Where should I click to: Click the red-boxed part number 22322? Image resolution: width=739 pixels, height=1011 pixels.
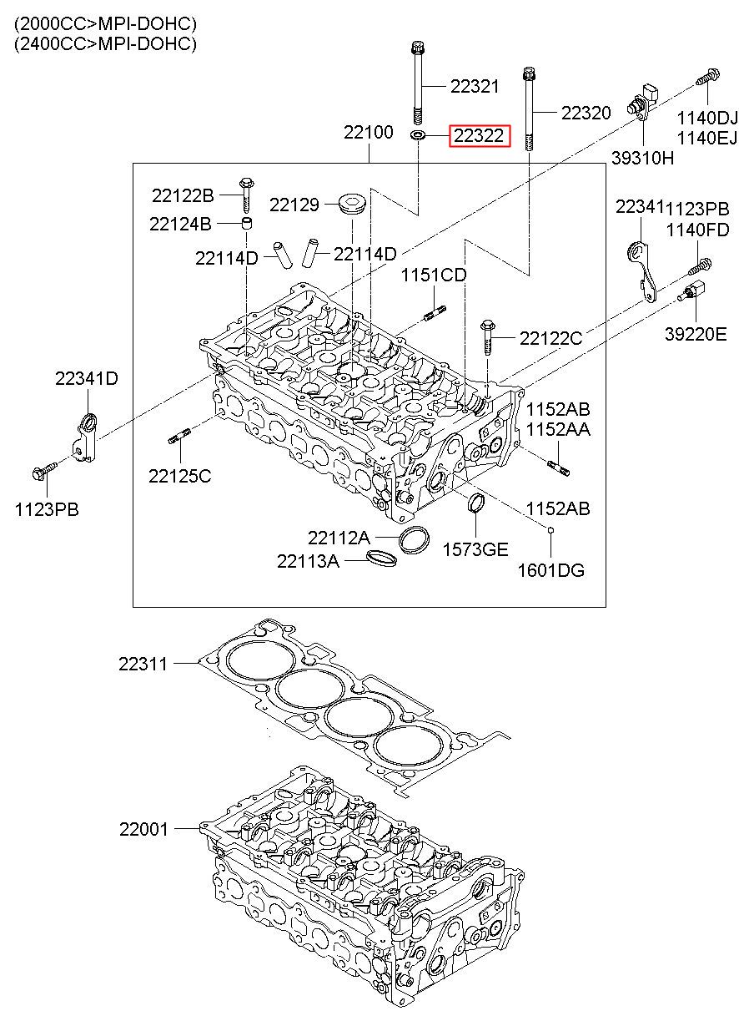(479, 135)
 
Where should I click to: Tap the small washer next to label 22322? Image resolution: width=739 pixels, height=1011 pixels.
(418, 135)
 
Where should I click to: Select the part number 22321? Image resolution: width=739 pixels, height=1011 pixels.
(475, 86)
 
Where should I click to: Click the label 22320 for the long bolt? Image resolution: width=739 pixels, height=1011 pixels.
(586, 113)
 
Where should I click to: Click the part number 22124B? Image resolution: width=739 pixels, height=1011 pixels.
(180, 224)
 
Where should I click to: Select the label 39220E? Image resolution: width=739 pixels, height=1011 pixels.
(696, 334)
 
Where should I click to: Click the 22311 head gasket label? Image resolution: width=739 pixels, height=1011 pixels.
(143, 664)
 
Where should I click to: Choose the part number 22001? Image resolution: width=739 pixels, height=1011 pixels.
(143, 829)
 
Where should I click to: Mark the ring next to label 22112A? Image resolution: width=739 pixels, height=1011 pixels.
(414, 539)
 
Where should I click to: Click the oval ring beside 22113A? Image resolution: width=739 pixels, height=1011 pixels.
(382, 558)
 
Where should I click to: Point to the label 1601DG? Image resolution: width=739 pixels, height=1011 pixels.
(551, 570)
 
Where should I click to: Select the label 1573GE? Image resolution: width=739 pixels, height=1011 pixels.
(475, 549)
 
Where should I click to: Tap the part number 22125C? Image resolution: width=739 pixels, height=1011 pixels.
(180, 476)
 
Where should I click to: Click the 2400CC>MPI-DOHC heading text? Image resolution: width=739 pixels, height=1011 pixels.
(105, 43)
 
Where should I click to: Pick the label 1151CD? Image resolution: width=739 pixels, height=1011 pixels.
(434, 275)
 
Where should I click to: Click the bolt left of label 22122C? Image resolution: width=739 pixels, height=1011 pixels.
(488, 337)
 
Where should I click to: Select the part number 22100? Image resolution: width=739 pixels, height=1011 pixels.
(369, 132)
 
